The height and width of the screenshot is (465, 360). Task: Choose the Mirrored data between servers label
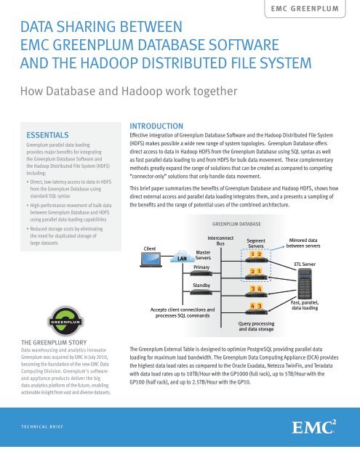[x=305, y=241]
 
